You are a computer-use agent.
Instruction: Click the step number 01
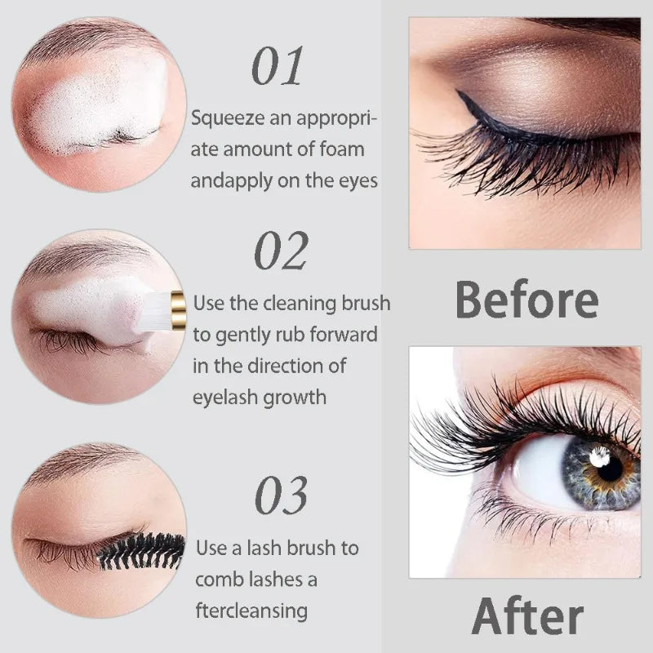coord(278,68)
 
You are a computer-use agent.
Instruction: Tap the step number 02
coord(282,251)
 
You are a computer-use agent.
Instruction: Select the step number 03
coord(282,495)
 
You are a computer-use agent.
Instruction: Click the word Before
coord(526,300)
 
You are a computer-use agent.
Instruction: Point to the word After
coord(527,616)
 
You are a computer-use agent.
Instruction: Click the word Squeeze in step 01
coord(226,119)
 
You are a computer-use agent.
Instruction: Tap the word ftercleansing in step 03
coord(251,611)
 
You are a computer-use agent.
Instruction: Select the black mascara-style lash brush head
coord(141,551)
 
